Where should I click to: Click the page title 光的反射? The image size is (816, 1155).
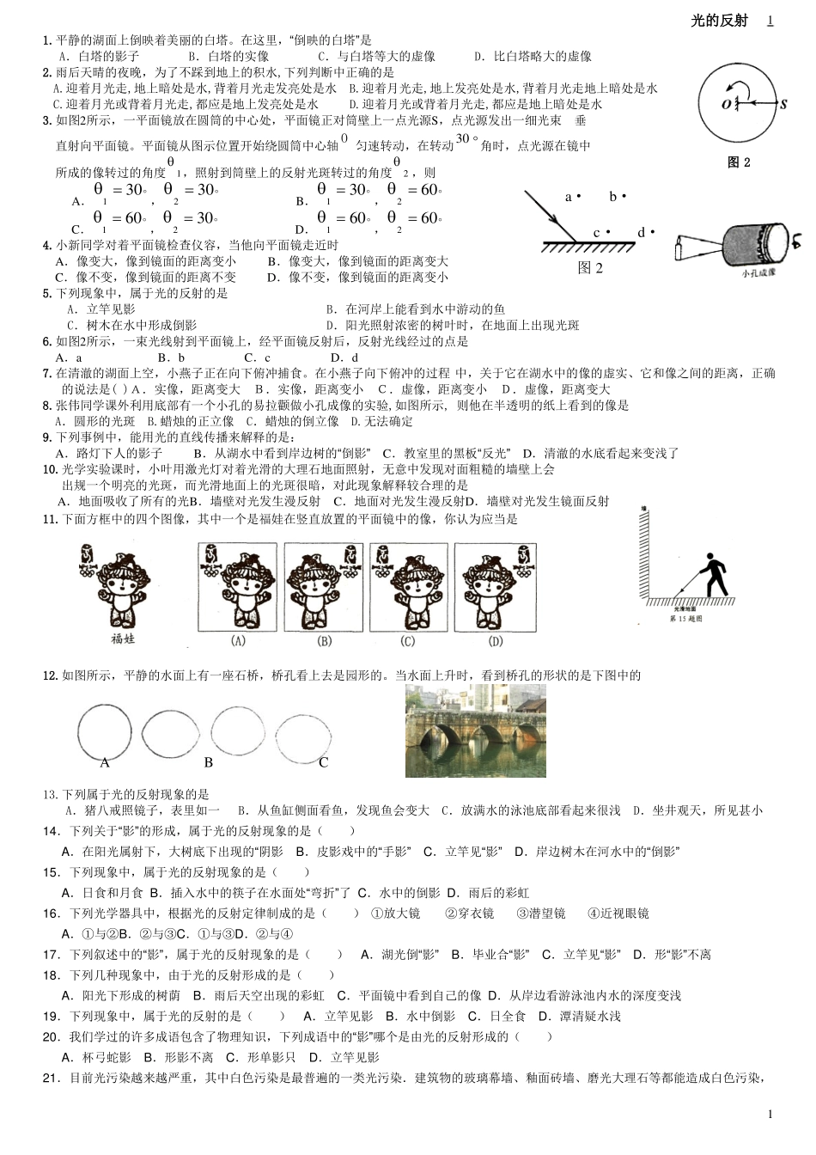pyautogui.click(x=719, y=21)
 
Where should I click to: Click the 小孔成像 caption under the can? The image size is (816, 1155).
pyautogui.click(x=758, y=272)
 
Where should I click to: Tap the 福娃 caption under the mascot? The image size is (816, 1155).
pyautogui.click(x=124, y=638)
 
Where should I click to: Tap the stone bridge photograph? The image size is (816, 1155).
pyautogui.click(x=475, y=730)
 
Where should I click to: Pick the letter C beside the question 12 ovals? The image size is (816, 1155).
pyautogui.click(x=324, y=762)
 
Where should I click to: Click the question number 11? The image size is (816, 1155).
pyautogui.click(x=50, y=519)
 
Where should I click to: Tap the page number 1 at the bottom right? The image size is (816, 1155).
pyautogui.click(x=770, y=1114)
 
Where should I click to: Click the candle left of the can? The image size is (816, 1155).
pyautogui.click(x=681, y=250)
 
